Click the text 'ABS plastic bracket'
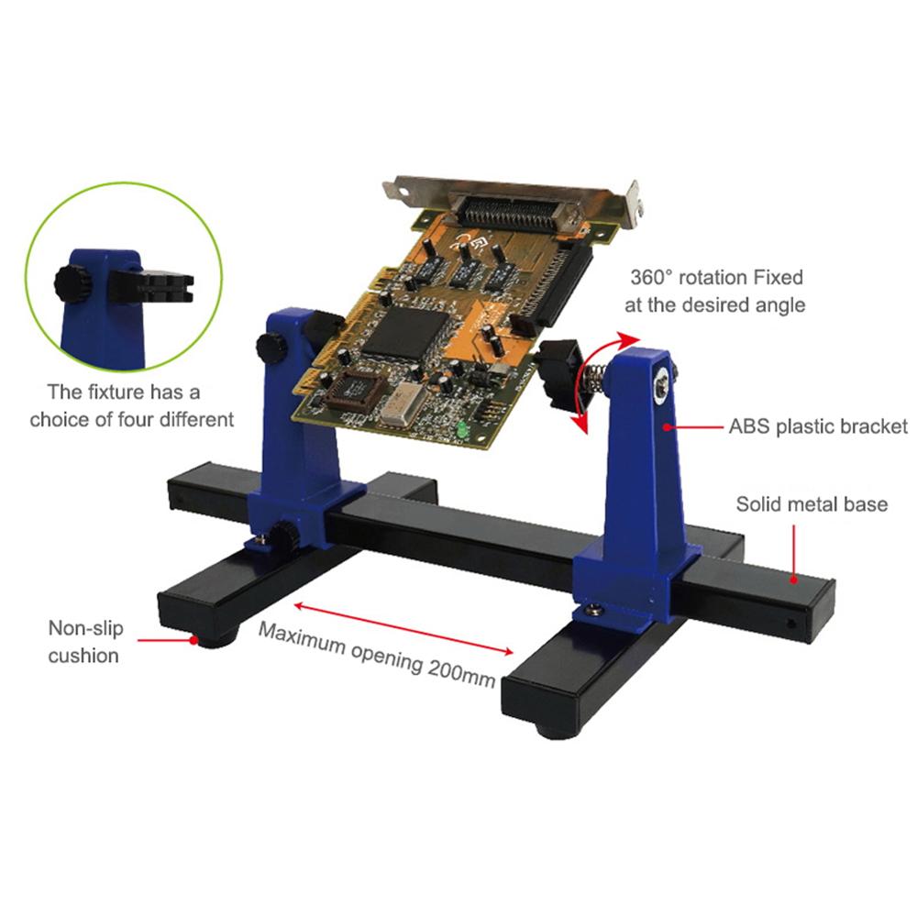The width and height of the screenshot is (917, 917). point(818,427)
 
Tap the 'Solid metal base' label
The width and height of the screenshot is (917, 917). point(812,504)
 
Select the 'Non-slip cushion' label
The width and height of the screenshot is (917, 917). point(84,642)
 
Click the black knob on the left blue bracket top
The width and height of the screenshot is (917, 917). point(269,348)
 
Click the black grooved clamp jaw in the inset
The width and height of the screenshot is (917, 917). point(165,286)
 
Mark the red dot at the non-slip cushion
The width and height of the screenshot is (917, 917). point(193,641)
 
